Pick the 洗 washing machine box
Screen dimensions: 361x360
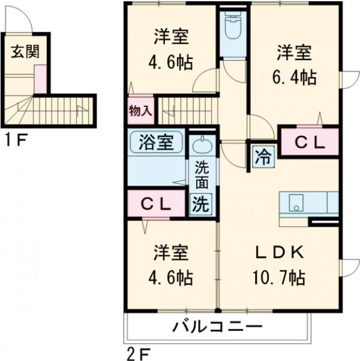[x=201, y=204]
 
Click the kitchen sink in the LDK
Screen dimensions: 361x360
[x=295, y=203]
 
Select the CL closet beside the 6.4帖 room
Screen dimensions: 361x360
[x=309, y=142]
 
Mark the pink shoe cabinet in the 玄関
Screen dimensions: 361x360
[x=40, y=80]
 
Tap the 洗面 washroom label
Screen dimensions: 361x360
[x=201, y=175]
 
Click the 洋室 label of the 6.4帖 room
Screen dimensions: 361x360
[x=295, y=52]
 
